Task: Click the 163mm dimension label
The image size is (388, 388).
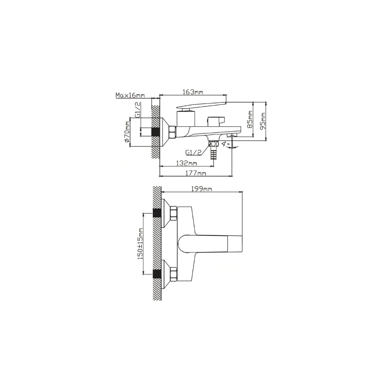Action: [193, 92]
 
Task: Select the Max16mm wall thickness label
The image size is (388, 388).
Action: [130, 95]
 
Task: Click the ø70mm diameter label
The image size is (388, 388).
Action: [127, 132]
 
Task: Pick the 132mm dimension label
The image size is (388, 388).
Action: [187, 163]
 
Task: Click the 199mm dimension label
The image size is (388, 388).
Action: [201, 189]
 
